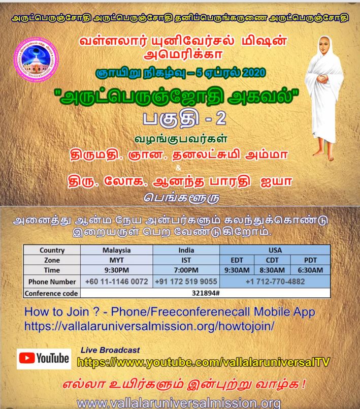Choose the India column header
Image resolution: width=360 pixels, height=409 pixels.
[x=186, y=250]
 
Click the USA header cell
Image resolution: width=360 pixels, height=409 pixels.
[x=275, y=250]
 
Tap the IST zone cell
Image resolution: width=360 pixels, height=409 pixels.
[x=186, y=260]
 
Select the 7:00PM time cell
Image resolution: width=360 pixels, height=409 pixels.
[x=186, y=270]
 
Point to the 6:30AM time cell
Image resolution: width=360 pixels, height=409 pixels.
[x=311, y=270]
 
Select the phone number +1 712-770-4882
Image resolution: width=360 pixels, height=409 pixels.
[x=275, y=281]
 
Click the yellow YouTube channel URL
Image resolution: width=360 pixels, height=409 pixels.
[x=203, y=362]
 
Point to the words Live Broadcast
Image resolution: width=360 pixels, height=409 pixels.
[x=110, y=351]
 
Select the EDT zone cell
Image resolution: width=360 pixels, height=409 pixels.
[x=238, y=260]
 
